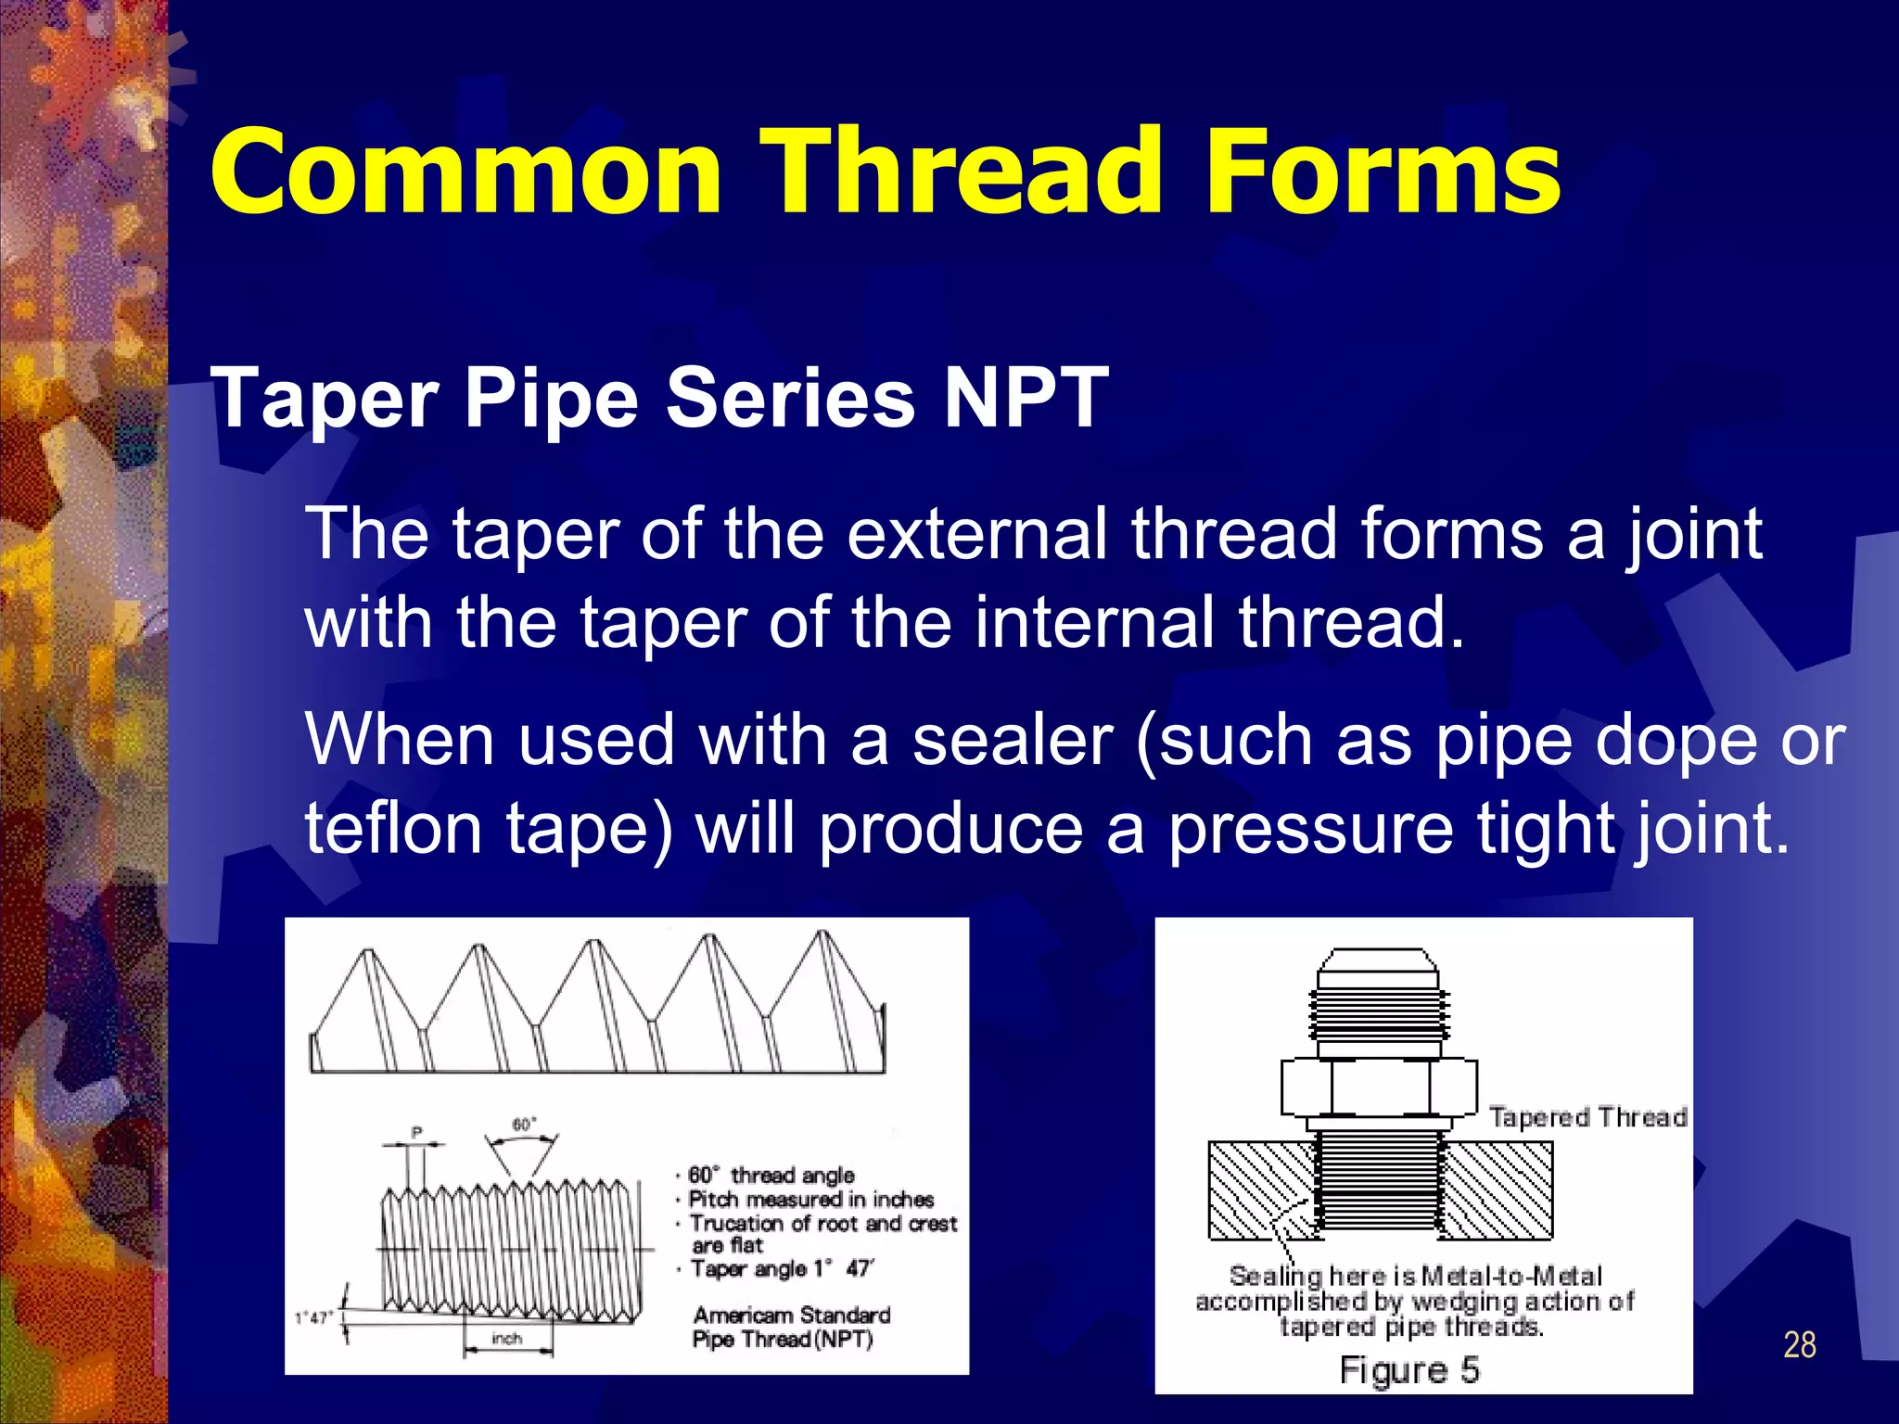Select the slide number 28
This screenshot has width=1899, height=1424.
coord(1799,1344)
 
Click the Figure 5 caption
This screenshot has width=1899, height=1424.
coord(1408,1370)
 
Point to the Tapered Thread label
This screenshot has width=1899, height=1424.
coord(1587,1117)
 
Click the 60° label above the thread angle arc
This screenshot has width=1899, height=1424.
coord(524,1125)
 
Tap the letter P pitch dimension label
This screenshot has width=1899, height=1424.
coord(416,1132)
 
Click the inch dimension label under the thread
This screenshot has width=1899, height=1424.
coord(507,1339)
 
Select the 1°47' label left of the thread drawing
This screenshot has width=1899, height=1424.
coord(312,1318)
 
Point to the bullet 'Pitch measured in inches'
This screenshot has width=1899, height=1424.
coord(811,1200)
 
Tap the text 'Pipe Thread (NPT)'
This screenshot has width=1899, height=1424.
coord(783,1340)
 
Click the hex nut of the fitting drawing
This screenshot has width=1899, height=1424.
coord(1379,1087)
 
